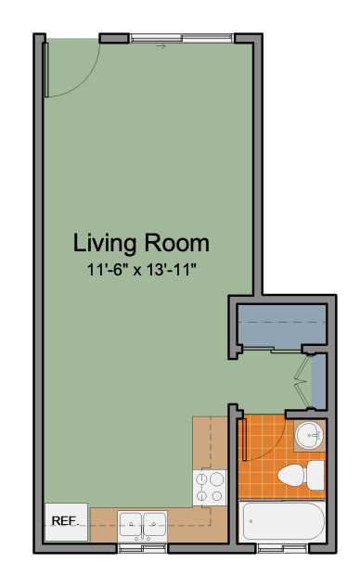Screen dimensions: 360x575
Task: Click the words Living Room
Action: pyautogui.click(x=141, y=244)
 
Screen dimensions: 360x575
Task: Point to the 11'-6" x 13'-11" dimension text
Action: pyautogui.click(x=141, y=270)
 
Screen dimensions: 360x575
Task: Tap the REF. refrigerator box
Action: pyautogui.click(x=66, y=521)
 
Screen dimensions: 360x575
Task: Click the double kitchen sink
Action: pyautogui.click(x=142, y=526)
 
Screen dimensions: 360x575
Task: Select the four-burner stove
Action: pyautogui.click(x=210, y=487)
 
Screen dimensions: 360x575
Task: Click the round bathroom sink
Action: pyautogui.click(x=309, y=436)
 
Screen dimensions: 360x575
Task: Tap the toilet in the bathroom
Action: pyautogui.click(x=301, y=475)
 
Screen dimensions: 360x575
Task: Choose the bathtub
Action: pyautogui.click(x=282, y=520)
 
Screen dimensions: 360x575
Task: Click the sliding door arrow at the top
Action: pyautogui.click(x=161, y=46)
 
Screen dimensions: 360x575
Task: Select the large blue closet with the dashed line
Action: pyautogui.click(x=282, y=325)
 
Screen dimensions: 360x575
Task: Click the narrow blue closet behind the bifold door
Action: pyautogui.click(x=318, y=381)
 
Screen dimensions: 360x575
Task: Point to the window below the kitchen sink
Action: pyautogui.click(x=142, y=549)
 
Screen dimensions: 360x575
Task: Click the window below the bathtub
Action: pyautogui.click(x=282, y=549)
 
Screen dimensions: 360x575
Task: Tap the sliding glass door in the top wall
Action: pyautogui.click(x=182, y=38)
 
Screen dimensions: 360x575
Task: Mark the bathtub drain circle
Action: pyautogui.click(x=251, y=521)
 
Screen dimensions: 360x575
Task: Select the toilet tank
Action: pyautogui.click(x=315, y=475)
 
